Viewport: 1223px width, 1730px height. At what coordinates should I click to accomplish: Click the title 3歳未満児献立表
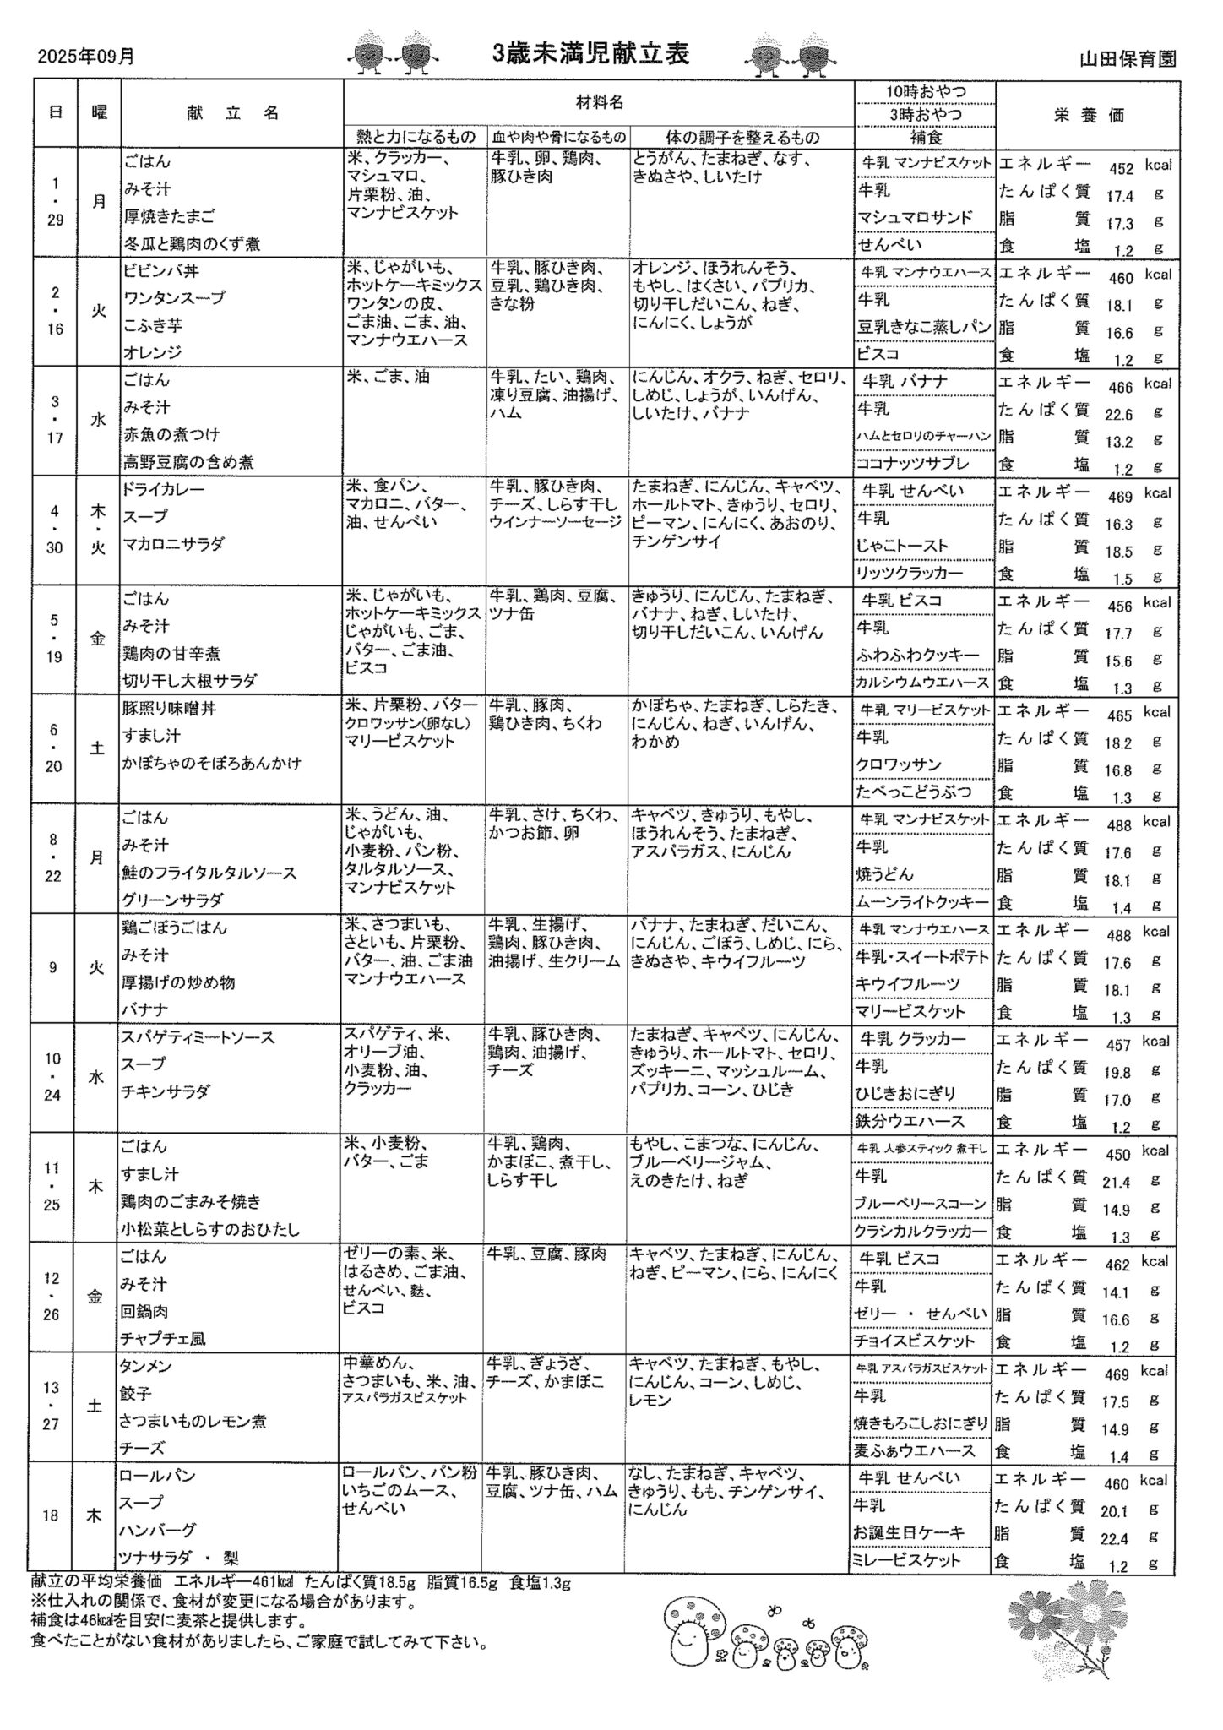590,54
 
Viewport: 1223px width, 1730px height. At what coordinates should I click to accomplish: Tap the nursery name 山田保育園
1128,59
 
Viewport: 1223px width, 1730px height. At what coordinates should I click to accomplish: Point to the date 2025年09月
86,57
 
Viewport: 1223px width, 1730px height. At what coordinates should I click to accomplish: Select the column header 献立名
231,114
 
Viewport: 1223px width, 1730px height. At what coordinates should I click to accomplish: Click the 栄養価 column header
1089,116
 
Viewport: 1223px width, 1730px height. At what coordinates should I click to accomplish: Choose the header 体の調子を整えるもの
742,137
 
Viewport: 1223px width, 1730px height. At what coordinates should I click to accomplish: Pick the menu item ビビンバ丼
161,271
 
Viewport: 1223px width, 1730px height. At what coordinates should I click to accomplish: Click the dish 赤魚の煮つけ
171,434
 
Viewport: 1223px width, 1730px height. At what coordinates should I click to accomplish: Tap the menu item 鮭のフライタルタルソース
209,873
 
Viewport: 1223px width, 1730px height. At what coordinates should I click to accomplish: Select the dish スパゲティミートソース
199,1037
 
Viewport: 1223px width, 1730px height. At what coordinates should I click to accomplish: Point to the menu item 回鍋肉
144,1311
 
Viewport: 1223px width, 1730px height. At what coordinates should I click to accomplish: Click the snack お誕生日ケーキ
909,1532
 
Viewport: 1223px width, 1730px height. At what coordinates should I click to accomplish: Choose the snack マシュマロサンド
915,217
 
